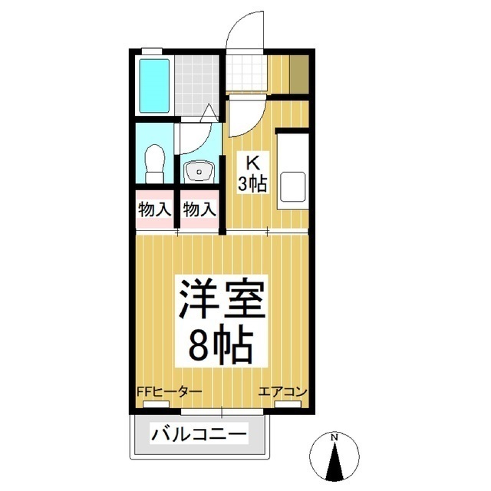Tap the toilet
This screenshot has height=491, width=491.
point(154,163)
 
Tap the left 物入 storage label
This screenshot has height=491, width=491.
point(156,209)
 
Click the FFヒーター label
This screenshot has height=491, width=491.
point(170,392)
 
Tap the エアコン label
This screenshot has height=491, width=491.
point(283,392)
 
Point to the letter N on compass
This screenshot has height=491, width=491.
point(334,438)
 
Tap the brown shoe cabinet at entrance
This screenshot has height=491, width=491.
point(300,74)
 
